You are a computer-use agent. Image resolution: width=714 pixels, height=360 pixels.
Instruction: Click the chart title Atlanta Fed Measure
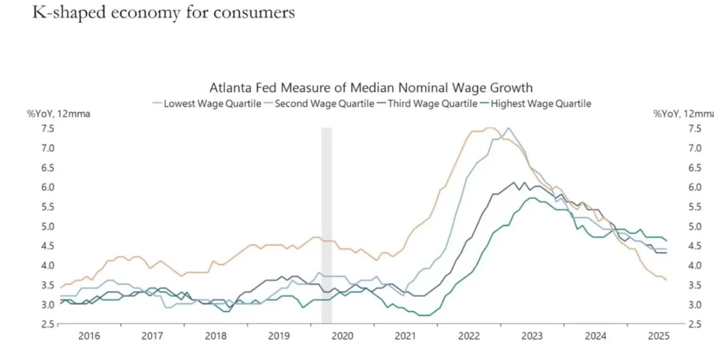tap(371, 88)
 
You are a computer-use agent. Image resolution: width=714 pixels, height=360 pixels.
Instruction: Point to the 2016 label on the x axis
tap(89, 336)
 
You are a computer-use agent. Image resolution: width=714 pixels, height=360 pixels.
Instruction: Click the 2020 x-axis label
tap(342, 336)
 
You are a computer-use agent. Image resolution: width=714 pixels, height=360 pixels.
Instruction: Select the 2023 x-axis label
tap(532, 336)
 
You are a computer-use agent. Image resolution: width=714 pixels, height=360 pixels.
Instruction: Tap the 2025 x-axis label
tap(659, 336)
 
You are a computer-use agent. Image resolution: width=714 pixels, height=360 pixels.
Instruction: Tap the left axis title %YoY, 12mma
tap(58, 114)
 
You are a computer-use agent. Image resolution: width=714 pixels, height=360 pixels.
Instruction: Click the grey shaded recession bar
tap(327, 226)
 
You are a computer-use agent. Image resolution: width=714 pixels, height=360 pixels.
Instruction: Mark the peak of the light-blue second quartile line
tap(508, 129)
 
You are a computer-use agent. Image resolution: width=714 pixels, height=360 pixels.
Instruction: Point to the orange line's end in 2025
tap(666, 280)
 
